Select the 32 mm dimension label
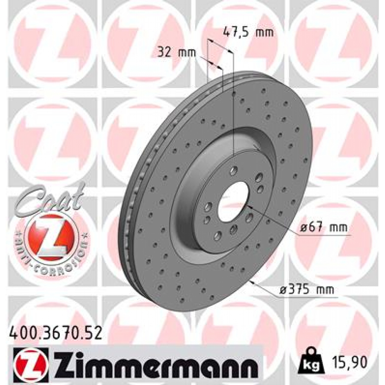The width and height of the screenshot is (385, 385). (x=177, y=52)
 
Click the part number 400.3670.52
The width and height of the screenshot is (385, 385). (x=55, y=332)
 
